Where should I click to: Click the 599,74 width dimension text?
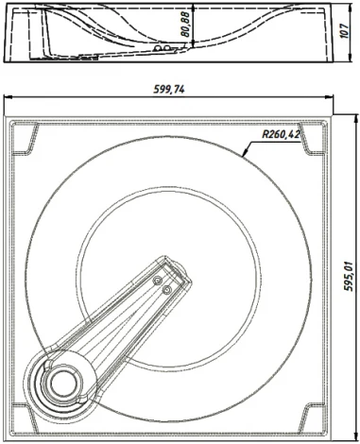[x=169, y=90]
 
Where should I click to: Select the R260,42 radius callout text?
[x=281, y=134]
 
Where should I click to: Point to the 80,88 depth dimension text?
[x=186, y=25]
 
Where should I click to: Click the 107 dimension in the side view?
[x=345, y=31]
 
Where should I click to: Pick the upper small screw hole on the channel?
[x=157, y=280]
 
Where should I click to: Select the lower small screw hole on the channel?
[x=167, y=289]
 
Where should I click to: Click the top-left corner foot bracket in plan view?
[x=25, y=139]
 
